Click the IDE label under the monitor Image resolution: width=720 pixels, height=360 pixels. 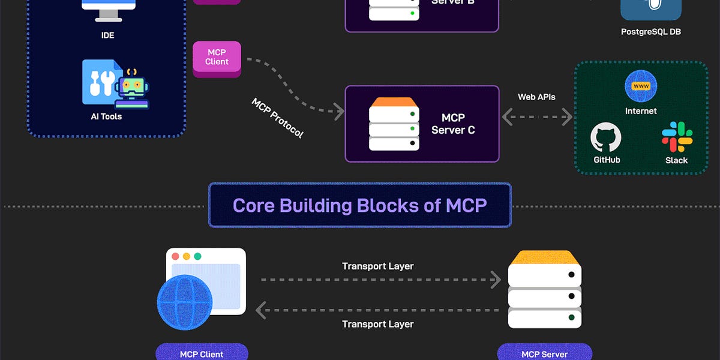[107, 35]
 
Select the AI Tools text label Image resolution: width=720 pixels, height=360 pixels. [106, 116]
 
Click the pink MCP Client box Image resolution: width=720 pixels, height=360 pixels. [217, 58]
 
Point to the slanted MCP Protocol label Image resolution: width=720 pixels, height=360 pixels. [277, 118]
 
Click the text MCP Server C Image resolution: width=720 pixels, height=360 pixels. [453, 124]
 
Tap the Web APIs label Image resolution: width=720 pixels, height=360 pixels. [536, 97]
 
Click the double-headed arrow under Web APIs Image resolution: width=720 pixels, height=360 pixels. [537, 117]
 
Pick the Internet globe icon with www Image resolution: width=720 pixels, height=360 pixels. [641, 86]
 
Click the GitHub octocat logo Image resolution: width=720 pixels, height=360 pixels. [606, 138]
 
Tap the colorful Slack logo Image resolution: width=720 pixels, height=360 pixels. [677, 137]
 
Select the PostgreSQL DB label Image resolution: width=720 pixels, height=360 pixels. [651, 31]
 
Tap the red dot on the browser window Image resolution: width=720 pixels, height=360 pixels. [176, 256]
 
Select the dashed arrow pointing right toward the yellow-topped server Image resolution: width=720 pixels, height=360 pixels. [380, 280]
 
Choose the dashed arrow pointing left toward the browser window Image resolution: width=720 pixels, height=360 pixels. [378, 310]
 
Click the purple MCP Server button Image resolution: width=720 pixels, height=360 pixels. [544, 353]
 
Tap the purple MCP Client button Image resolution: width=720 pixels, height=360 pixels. [202, 353]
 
